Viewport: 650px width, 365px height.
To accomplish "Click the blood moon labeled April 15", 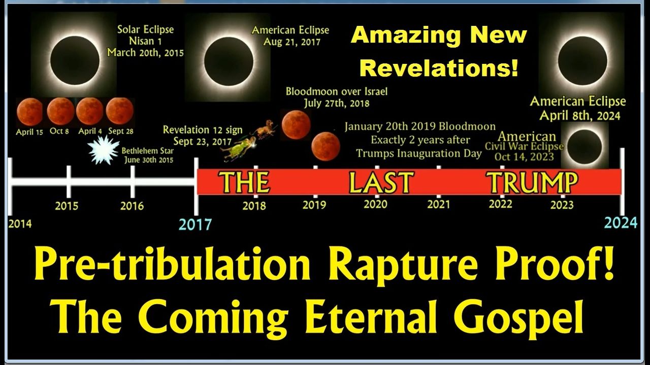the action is [x=29, y=112].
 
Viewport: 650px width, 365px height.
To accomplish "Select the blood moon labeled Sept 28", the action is [x=119, y=111].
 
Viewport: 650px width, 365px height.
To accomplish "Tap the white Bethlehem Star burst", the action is [x=103, y=150].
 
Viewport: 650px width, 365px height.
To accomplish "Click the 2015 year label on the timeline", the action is [x=67, y=206].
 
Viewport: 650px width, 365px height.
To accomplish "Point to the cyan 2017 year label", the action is [x=196, y=225].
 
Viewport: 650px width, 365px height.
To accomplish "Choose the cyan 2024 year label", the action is [x=621, y=223].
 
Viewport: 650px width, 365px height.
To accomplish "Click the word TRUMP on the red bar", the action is [x=532, y=182].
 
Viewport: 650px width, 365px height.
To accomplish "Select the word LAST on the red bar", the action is [x=381, y=182].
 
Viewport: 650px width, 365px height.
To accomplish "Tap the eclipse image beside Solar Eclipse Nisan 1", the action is [x=75, y=60].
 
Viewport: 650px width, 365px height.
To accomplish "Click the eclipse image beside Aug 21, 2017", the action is [x=229, y=61].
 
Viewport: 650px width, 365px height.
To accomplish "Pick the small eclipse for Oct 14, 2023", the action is [x=584, y=147].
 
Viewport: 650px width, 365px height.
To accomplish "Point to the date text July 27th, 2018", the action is [x=337, y=103].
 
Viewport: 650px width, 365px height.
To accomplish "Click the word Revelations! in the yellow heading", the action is [x=439, y=68].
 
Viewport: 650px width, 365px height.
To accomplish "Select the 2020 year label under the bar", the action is [x=375, y=204].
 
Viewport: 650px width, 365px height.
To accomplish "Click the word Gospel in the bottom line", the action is [x=518, y=317].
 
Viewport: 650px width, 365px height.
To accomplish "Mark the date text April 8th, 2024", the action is [x=579, y=116].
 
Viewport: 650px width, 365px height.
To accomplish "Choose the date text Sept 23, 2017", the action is [x=202, y=141].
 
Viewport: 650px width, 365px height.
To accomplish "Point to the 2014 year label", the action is [x=20, y=224].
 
